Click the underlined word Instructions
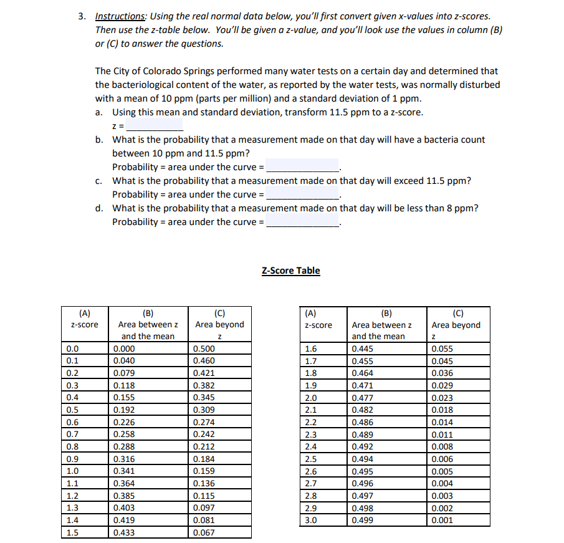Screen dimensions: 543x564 click(x=118, y=16)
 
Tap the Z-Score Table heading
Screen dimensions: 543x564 click(x=290, y=271)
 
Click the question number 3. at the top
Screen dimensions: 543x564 click(x=82, y=16)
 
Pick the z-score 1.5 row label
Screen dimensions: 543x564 click(x=73, y=532)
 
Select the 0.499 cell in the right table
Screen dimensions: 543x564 click(x=362, y=520)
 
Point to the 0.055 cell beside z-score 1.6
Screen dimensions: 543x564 click(x=442, y=349)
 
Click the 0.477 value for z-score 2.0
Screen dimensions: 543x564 click(x=362, y=398)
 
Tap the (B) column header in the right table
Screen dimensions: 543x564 click(x=381, y=313)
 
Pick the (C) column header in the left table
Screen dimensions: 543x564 click(x=219, y=312)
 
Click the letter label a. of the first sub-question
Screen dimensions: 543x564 click(x=100, y=112)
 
